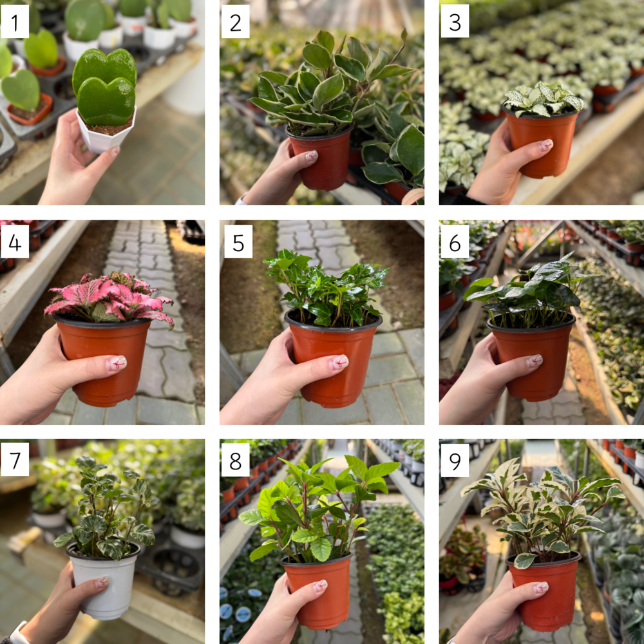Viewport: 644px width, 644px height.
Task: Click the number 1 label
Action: click(x=15, y=21)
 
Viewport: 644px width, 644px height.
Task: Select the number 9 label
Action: click(x=455, y=460)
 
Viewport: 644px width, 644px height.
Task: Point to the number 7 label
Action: click(x=15, y=459)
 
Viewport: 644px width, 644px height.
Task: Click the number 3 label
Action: click(x=455, y=21)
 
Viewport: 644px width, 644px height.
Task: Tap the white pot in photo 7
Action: click(x=102, y=581)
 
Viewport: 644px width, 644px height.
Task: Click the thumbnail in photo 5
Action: click(x=339, y=361)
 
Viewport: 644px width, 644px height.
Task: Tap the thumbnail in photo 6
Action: click(x=535, y=361)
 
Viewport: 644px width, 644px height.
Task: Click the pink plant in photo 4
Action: click(x=109, y=298)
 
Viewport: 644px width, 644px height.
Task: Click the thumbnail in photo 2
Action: click(x=311, y=156)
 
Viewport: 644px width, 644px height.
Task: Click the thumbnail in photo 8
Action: click(x=320, y=585)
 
